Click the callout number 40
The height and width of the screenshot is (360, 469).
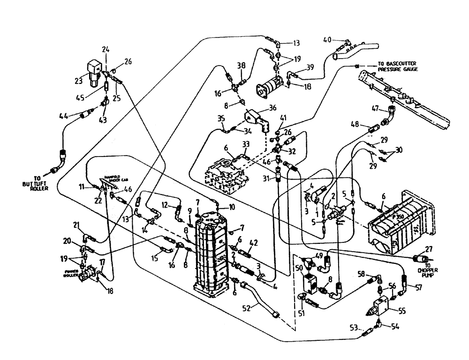[327, 39]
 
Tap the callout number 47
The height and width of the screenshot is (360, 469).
[375, 108]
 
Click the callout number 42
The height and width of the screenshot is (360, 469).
[254, 242]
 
